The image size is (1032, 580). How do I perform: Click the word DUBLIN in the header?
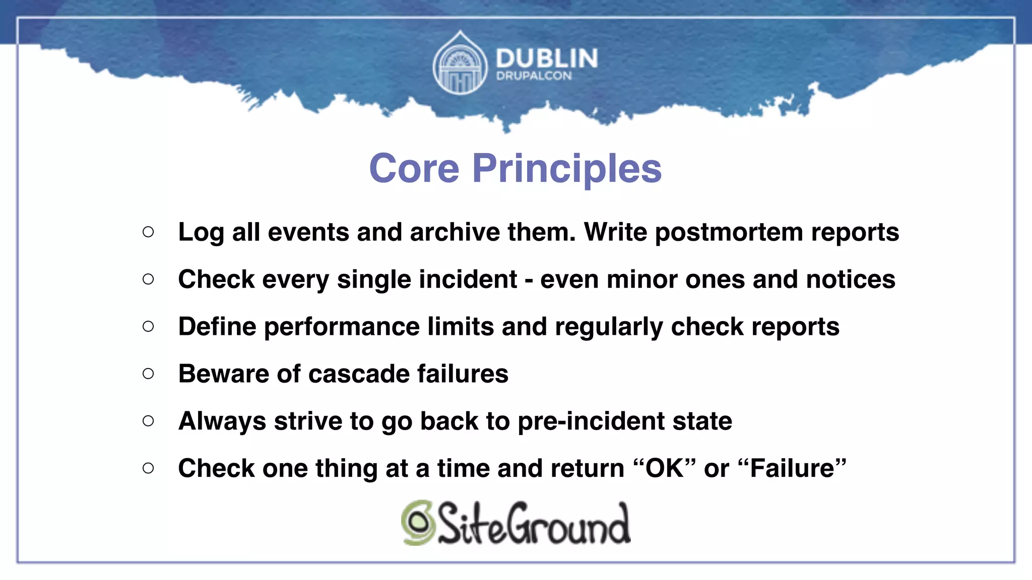[x=547, y=58]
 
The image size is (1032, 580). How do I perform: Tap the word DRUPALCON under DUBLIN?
[x=534, y=76]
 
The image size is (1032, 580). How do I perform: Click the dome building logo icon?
[x=460, y=65]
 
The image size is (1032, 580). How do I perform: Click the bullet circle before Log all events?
[x=148, y=232]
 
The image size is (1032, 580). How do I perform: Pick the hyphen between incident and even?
[x=529, y=280]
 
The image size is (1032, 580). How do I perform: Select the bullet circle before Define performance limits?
[x=148, y=326]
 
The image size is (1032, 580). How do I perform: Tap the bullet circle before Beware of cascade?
[x=148, y=374]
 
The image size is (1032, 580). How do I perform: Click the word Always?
[x=222, y=421]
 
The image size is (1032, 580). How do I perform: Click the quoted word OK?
[x=664, y=468]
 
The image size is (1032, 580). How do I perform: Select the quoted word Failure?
[x=792, y=468]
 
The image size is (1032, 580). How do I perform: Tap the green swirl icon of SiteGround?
[x=418, y=523]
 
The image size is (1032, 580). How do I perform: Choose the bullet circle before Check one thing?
[x=148, y=468]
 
